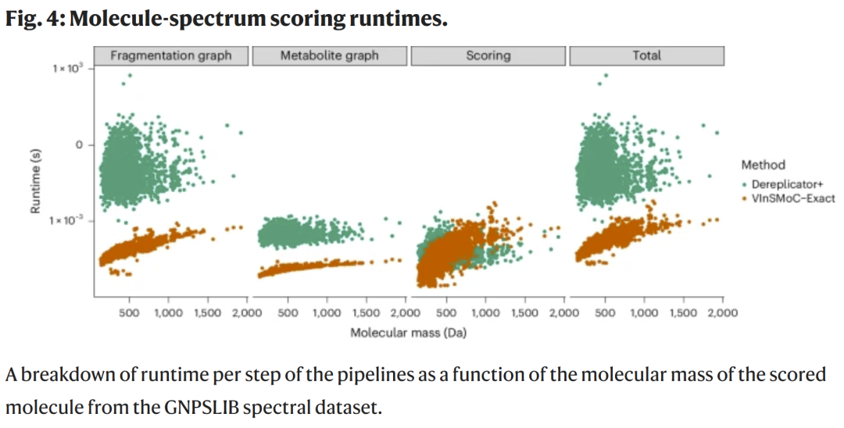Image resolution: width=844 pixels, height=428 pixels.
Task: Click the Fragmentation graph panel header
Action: (170, 55)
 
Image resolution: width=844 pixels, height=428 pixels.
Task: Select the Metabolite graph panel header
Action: (329, 55)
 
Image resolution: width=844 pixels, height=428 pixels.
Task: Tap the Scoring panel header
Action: (488, 55)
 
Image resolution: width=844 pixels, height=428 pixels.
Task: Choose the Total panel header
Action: (646, 55)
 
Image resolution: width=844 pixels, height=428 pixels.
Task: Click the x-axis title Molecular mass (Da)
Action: (409, 332)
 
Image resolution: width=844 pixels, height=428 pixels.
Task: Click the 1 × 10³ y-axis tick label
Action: (68, 70)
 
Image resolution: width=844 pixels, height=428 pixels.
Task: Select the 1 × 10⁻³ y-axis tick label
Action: (68, 221)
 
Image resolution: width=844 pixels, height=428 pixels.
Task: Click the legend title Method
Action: (763, 165)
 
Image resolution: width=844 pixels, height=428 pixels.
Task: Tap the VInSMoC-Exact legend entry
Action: (793, 198)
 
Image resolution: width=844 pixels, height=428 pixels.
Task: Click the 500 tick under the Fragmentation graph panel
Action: (130, 313)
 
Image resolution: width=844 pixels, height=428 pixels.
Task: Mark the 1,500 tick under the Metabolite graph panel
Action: (366, 313)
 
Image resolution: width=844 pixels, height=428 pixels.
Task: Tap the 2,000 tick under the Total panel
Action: (721, 313)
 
